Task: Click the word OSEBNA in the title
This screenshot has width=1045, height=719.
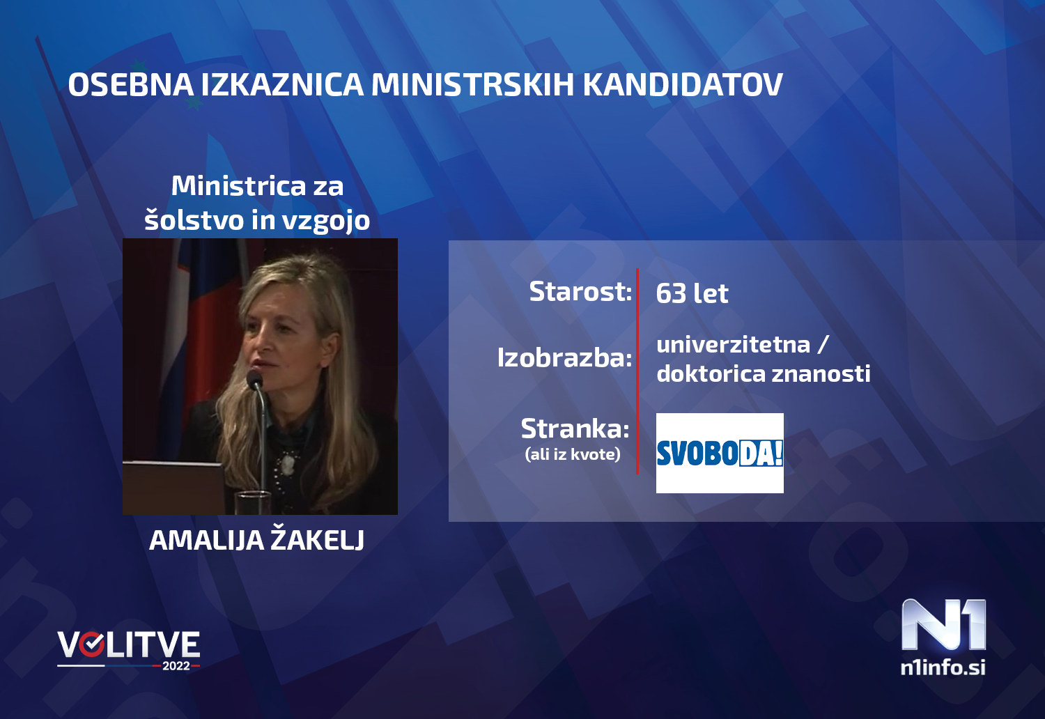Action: [x=130, y=85]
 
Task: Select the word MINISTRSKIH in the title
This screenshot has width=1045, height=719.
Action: [x=472, y=85]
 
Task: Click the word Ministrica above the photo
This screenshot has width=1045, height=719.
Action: [x=238, y=186]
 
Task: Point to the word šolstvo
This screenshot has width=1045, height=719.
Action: [x=194, y=220]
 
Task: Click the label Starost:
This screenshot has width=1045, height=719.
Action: [x=580, y=291]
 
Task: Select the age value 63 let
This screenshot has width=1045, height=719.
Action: [x=692, y=293]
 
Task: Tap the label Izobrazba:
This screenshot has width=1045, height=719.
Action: [x=564, y=357]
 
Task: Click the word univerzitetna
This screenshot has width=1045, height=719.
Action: [x=733, y=344]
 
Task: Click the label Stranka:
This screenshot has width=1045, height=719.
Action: [x=575, y=428]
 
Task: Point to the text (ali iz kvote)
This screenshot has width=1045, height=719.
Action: [x=572, y=454]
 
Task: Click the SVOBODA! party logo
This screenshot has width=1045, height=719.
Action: [x=720, y=453]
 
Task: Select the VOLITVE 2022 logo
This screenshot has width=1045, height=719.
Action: [x=129, y=649]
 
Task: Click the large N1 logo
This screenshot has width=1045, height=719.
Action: [x=943, y=625]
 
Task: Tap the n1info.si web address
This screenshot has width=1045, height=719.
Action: [x=943, y=667]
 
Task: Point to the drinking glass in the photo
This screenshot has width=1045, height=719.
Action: [x=254, y=502]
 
